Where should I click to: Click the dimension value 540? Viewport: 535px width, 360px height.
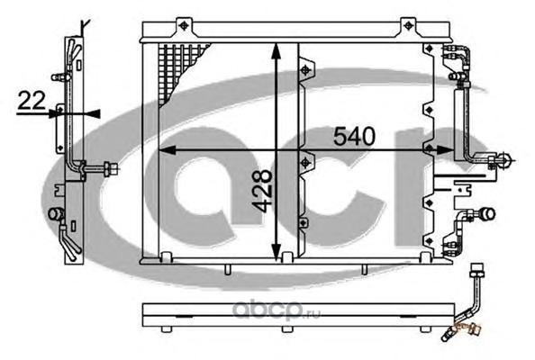tap(354, 136)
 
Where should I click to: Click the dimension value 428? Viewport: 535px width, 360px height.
tap(262, 191)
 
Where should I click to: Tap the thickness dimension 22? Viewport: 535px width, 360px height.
tap(32, 100)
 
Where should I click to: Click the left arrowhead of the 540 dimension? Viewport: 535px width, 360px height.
tap(168, 149)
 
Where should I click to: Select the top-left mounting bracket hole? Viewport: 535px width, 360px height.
tap(184, 25)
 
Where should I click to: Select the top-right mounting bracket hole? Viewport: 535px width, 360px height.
tap(408, 25)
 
